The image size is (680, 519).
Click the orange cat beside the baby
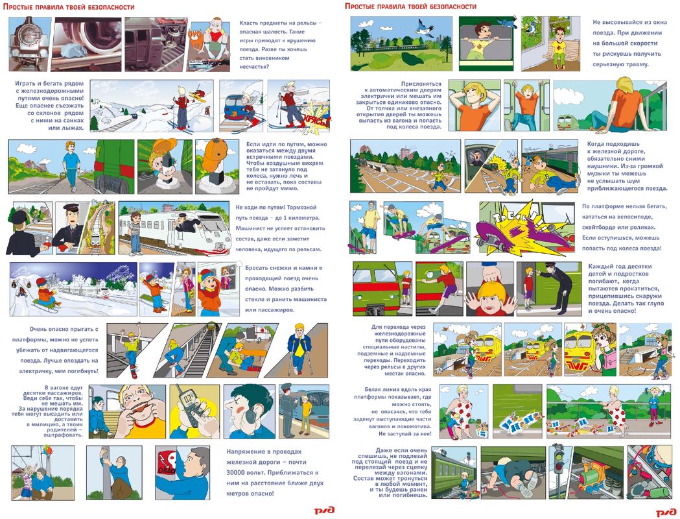pos(196,39)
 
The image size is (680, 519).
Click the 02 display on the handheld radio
pos(189,396)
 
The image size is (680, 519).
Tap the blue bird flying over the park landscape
pos(425,27)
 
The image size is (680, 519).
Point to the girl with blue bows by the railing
pos(655,404)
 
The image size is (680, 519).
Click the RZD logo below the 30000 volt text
pos(324,511)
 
